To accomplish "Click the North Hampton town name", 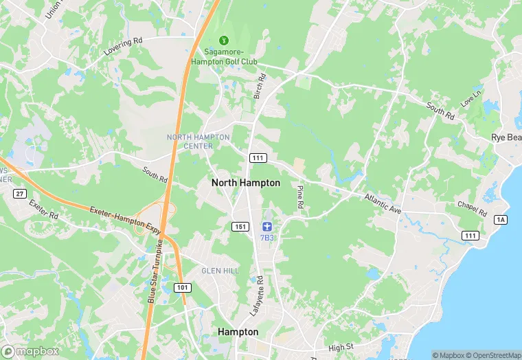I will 245,183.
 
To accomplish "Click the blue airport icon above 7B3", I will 267,227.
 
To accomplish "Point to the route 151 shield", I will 240,227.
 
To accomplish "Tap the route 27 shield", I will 19,194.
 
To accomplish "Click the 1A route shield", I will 500,219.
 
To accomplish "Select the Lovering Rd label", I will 122,45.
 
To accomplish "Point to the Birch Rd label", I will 260,87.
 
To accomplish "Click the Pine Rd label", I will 300,196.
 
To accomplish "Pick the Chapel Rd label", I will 472,208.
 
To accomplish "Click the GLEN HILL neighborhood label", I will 220,271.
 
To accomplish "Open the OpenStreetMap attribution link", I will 493,355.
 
